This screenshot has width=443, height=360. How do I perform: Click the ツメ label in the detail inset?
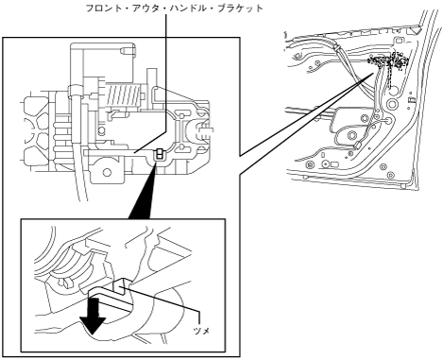coord(201,331)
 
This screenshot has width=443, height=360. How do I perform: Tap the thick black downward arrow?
coord(94,316)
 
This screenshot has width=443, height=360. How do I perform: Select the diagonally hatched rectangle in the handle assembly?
coord(123,95)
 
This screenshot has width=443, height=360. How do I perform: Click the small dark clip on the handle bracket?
coord(160,154)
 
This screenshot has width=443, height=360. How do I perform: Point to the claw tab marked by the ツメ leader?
coord(121,285)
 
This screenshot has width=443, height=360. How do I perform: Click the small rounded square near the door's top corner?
coord(399,41)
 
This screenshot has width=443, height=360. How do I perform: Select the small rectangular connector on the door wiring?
coord(358,146)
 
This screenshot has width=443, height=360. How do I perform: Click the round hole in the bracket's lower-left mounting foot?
coord(107,172)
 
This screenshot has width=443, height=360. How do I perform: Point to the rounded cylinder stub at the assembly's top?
coord(128,50)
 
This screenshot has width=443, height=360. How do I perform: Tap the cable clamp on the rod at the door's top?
coord(337,48)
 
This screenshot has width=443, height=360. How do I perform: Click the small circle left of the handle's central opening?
coord(101,130)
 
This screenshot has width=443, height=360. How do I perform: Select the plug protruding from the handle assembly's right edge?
coord(205,130)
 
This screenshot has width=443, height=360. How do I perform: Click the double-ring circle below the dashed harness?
coord(392,104)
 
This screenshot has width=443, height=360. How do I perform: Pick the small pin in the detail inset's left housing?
coord(65,283)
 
